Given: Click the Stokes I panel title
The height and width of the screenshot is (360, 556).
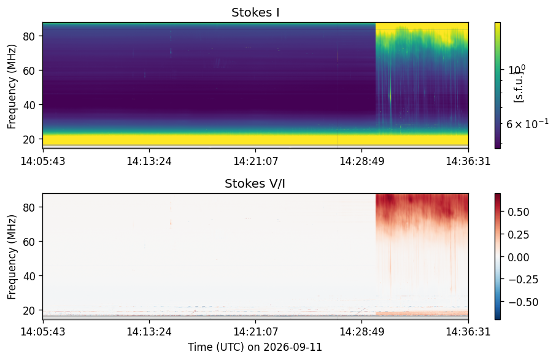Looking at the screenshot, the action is (x=255, y=12).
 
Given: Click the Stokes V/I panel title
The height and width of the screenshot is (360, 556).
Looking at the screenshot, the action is (x=255, y=183).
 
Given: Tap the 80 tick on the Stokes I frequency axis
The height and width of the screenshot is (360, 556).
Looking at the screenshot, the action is (x=29, y=36).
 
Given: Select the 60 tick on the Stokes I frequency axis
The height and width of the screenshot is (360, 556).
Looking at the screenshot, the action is (x=29, y=71).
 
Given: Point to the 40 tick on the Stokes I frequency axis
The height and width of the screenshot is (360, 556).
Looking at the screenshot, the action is (x=29, y=105).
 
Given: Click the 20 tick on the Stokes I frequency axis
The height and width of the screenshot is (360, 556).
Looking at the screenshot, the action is (x=29, y=139).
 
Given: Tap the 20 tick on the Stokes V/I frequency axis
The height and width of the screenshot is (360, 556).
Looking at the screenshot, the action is (x=29, y=310).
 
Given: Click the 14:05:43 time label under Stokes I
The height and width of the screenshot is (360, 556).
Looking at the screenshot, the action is (x=43, y=161).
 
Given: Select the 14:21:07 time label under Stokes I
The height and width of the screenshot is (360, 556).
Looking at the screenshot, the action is (x=256, y=161).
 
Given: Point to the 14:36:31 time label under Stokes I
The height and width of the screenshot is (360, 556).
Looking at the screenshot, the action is (x=468, y=161).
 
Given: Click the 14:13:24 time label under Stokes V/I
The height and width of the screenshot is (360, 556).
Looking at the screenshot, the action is (x=149, y=332).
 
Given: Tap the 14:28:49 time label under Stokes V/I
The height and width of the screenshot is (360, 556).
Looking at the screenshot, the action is (x=362, y=332).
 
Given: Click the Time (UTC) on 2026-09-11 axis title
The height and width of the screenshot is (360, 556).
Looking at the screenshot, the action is (x=255, y=347).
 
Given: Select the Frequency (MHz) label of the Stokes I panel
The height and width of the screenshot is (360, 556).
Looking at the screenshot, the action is (x=12, y=87).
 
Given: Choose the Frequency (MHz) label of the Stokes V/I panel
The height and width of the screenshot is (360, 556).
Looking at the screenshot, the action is (x=12, y=257).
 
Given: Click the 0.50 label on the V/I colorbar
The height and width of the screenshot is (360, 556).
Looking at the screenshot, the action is (x=519, y=212).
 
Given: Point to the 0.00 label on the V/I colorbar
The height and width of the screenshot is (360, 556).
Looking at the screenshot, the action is (x=519, y=257).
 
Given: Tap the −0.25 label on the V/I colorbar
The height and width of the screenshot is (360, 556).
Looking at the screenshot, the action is (x=523, y=280).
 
